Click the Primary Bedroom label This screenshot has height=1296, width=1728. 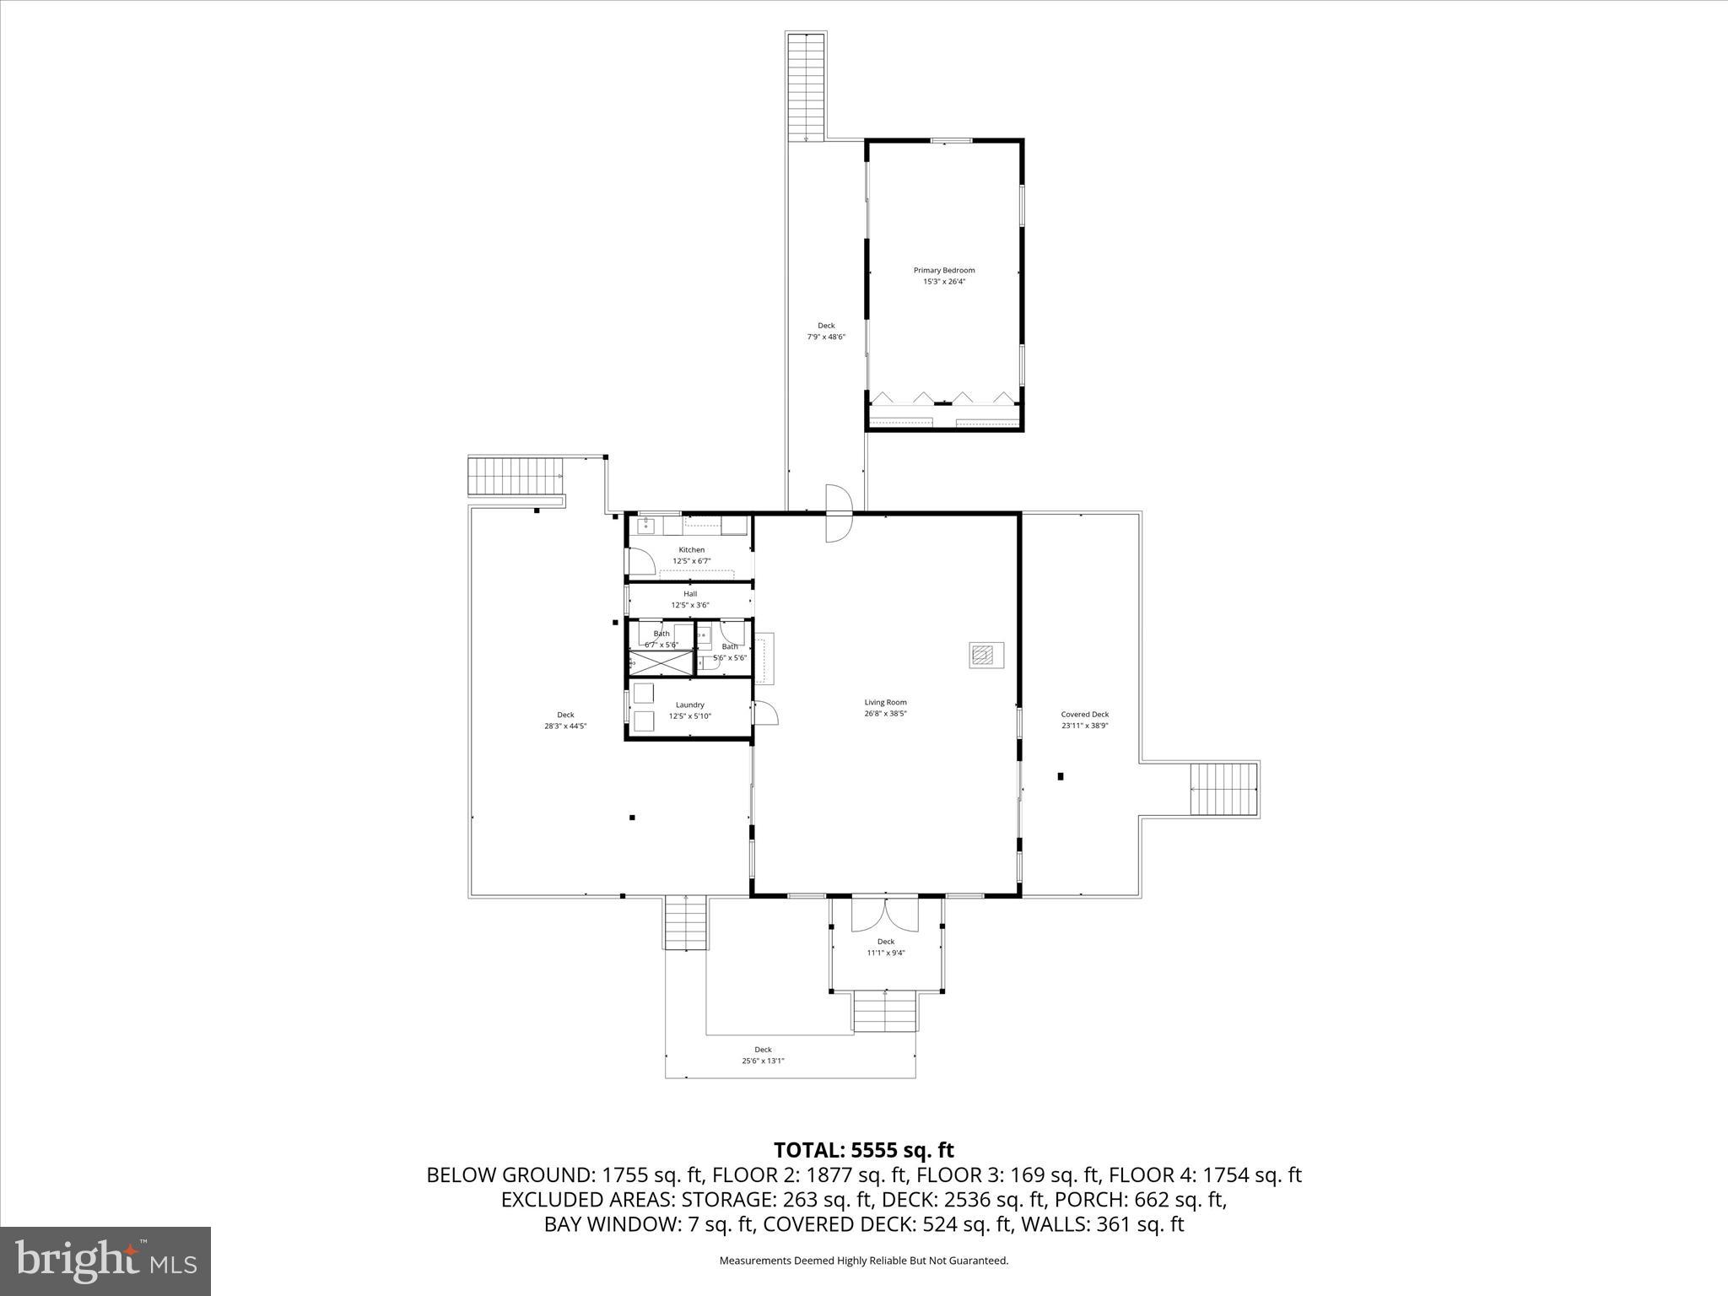click(943, 271)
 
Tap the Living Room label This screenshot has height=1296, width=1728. click(885, 702)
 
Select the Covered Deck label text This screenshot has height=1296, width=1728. click(1084, 714)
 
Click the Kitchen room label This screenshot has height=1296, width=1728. click(691, 550)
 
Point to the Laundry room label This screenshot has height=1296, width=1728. click(689, 705)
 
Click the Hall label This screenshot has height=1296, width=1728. click(690, 594)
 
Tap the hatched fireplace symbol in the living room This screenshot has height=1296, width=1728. click(982, 656)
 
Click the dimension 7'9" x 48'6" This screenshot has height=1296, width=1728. click(825, 337)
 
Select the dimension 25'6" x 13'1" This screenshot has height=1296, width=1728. click(763, 1061)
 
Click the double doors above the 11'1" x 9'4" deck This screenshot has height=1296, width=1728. click(884, 915)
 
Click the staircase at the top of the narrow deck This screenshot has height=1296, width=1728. click(806, 84)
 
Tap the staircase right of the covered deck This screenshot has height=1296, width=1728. click(1223, 790)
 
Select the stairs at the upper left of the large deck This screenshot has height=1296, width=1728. click(516, 477)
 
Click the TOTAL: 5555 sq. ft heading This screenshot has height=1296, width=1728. click(863, 1150)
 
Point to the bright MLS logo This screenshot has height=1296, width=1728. click(105, 1261)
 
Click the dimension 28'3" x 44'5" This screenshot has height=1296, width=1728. click(564, 726)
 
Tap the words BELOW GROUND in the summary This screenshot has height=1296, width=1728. click(510, 1175)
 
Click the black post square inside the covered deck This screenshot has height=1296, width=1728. click(1061, 776)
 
